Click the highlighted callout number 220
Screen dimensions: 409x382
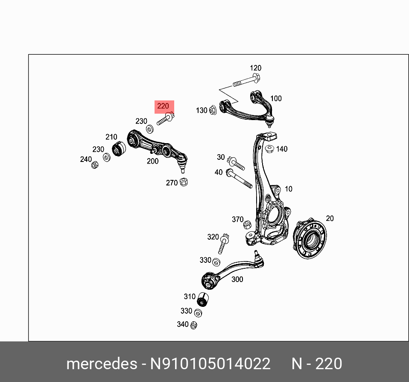163,106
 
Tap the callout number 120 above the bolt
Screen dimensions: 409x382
255,68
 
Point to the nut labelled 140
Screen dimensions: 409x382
269,149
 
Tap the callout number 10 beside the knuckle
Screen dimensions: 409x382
289,189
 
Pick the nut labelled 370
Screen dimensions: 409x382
247,225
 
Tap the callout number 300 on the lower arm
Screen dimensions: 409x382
237,279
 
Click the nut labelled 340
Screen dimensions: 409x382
193,325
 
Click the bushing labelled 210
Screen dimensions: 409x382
119,149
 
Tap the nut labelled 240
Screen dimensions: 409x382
95,165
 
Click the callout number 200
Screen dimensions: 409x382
152,161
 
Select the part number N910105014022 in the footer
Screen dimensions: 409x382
210,364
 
